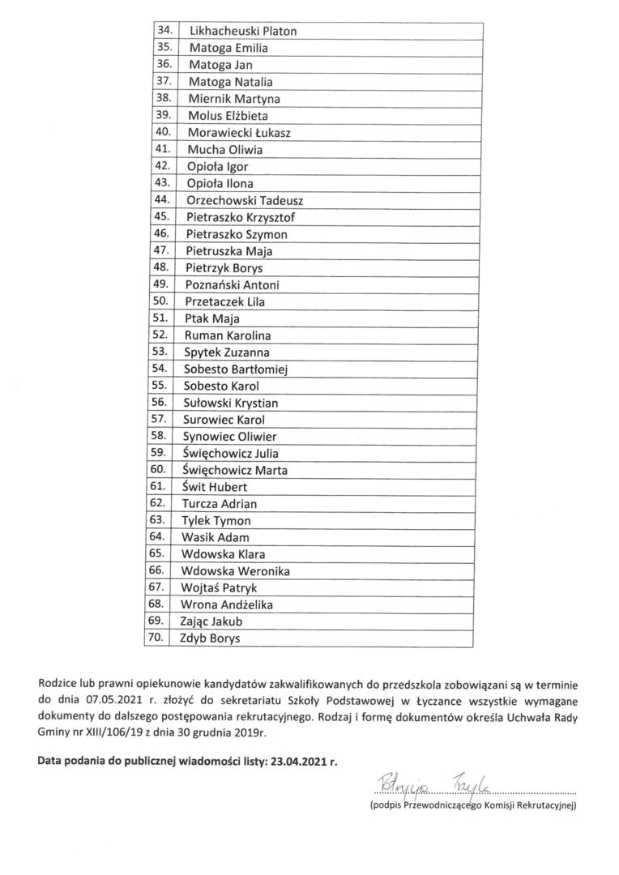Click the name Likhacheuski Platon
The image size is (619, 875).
pyautogui.click(x=242, y=31)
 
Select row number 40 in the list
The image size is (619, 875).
pyautogui.click(x=161, y=131)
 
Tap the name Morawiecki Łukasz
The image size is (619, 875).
pyautogui.click(x=239, y=132)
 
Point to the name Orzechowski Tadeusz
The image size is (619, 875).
pyautogui.click(x=244, y=200)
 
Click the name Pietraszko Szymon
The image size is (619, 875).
pyautogui.click(x=236, y=234)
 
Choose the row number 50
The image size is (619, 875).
pyautogui.click(x=160, y=301)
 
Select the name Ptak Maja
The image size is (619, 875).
pyautogui.click(x=207, y=318)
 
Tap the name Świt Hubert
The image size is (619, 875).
pyautogui.click(x=215, y=487)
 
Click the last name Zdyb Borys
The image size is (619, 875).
pyautogui.click(x=211, y=638)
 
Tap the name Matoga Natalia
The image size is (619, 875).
pyautogui.click(x=230, y=81)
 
